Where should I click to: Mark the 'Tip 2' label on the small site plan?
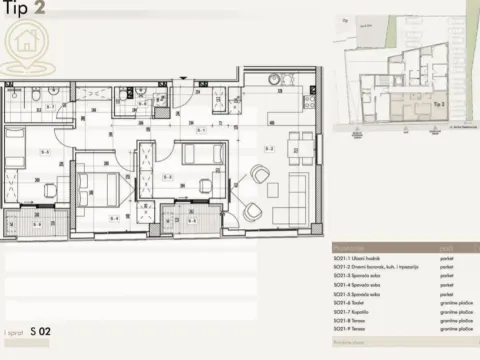tap(436, 102)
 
